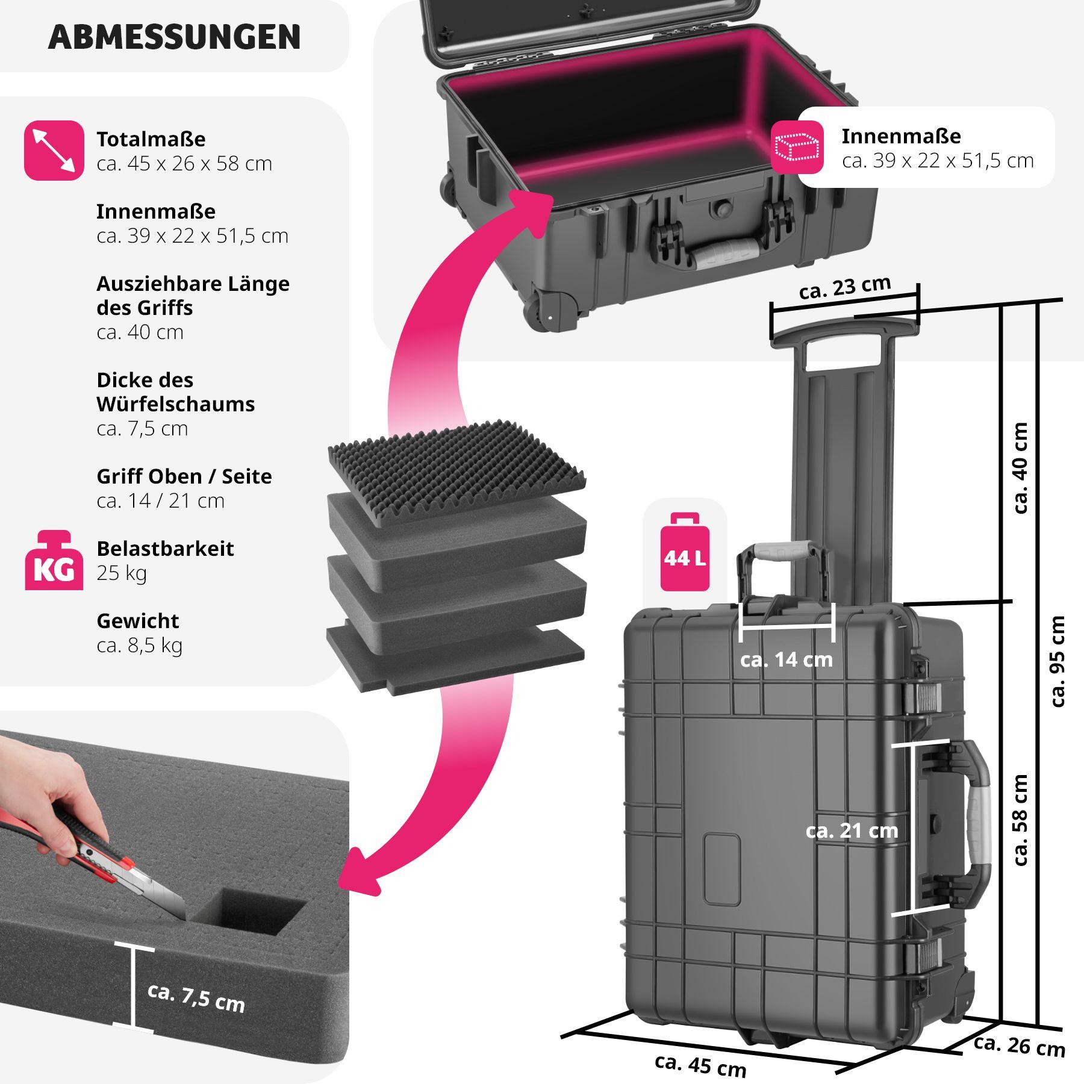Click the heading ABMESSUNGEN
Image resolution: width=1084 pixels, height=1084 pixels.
(x=174, y=37)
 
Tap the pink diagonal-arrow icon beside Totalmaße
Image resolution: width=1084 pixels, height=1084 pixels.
(x=54, y=151)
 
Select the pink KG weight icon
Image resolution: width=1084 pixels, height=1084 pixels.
(x=54, y=560)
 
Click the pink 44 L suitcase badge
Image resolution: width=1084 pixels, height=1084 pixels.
(x=685, y=552)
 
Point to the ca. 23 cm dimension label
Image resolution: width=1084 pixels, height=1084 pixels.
(x=844, y=287)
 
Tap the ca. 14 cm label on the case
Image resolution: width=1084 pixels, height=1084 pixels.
(x=786, y=660)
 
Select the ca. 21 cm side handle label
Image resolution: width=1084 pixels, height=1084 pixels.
(x=851, y=831)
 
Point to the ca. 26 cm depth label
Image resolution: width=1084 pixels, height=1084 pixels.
(x=1019, y=1045)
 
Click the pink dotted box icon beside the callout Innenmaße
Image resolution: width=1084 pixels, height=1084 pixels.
(x=797, y=148)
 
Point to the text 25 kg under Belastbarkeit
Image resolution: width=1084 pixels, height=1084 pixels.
(x=122, y=573)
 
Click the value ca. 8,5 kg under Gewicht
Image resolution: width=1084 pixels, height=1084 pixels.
(x=139, y=645)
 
